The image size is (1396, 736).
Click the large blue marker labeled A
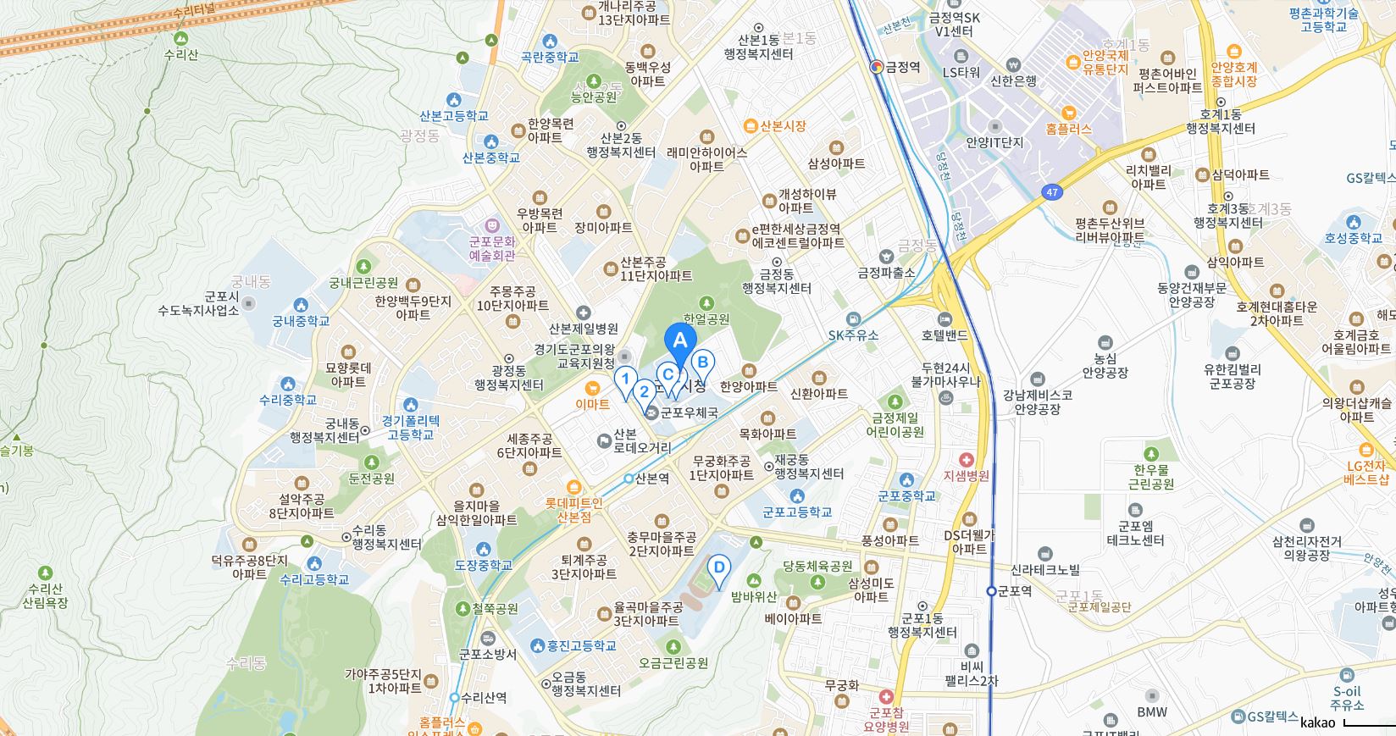(679, 343)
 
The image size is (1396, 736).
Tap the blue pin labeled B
(702, 363)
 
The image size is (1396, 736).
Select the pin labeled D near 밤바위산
(718, 568)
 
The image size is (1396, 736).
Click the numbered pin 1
(625, 379)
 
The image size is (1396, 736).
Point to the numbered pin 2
(644, 391)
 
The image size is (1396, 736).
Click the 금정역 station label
(902, 67)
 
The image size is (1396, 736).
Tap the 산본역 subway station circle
(629, 479)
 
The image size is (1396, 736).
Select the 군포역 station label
(1014, 591)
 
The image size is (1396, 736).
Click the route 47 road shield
(1051, 192)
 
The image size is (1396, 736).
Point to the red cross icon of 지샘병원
(966, 459)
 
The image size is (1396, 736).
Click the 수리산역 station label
(484, 698)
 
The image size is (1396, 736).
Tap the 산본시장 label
(782, 126)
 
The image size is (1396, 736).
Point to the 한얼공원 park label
(706, 319)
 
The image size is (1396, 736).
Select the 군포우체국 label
(689, 413)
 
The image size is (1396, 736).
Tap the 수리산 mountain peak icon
(180, 39)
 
